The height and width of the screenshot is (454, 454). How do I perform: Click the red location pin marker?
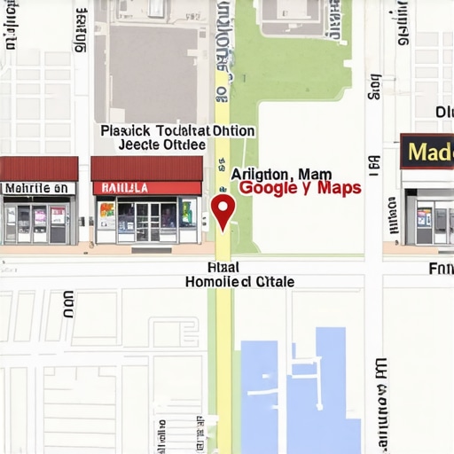[x=223, y=209]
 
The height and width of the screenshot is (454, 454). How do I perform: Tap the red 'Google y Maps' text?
[x=300, y=188]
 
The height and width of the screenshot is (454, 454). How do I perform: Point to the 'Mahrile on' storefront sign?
[x=38, y=188]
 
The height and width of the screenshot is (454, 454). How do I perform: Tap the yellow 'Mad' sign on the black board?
[x=428, y=152]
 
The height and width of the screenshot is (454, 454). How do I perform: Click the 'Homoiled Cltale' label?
[x=239, y=281]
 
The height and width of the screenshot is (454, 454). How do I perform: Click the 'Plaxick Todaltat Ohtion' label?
[x=177, y=130]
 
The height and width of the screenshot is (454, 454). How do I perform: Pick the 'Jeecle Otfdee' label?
[x=161, y=145]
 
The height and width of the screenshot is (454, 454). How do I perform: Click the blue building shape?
[x=301, y=390]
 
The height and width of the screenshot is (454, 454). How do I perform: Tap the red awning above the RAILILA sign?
[x=146, y=168]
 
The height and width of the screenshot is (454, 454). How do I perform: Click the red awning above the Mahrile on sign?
[x=38, y=168]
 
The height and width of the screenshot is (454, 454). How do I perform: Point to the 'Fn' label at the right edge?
[x=441, y=268]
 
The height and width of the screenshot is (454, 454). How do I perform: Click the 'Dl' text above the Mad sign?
[x=444, y=112]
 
